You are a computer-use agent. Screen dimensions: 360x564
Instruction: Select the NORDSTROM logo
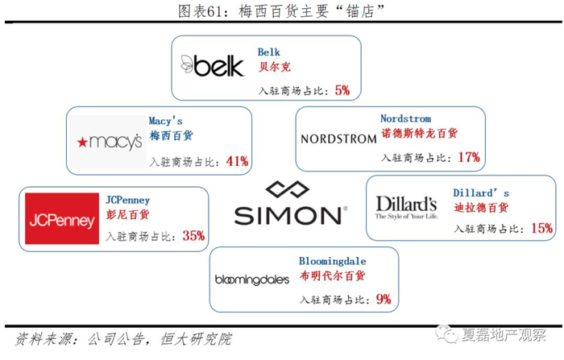point(338,139)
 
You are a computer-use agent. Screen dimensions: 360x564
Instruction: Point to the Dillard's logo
point(406,206)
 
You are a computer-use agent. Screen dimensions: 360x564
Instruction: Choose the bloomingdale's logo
point(252,279)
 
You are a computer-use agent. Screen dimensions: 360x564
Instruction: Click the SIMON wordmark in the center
point(288,215)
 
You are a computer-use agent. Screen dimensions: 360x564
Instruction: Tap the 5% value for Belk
point(342,90)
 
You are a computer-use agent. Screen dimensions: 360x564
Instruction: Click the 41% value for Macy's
point(237,161)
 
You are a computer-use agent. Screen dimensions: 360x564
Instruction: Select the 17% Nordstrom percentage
point(468,157)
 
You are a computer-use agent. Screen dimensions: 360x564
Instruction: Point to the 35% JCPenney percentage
point(193,236)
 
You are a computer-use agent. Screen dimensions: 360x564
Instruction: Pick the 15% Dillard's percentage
point(541,229)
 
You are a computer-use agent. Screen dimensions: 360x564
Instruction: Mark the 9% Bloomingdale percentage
point(383,300)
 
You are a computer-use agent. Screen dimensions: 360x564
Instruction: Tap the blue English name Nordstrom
point(405,118)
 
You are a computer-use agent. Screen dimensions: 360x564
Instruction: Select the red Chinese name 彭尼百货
point(128,215)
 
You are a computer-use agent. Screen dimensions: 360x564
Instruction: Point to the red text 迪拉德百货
point(482,208)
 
